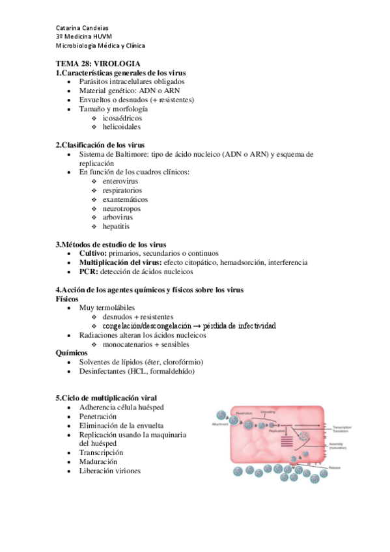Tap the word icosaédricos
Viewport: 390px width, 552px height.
pos(122,118)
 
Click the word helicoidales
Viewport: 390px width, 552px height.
pos(122,127)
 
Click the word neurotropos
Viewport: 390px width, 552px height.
pos(122,208)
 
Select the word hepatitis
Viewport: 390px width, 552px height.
pos(116,227)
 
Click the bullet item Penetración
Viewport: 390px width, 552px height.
pos(98,416)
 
